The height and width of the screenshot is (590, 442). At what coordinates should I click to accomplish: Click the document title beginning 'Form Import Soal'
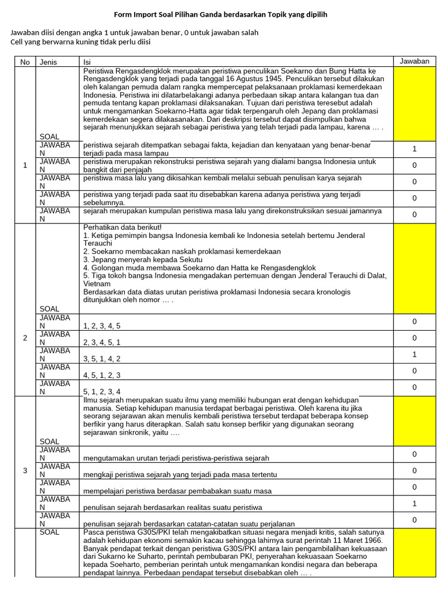point(220,14)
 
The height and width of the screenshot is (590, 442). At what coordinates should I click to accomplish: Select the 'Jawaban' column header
point(414,61)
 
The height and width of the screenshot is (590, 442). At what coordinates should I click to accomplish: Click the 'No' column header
point(25,62)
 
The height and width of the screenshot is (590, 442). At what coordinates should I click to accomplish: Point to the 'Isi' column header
point(87,62)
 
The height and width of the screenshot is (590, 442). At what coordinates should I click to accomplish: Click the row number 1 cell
point(25,165)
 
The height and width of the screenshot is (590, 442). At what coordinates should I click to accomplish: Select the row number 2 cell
point(25,338)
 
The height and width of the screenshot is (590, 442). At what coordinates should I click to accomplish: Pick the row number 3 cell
point(25,471)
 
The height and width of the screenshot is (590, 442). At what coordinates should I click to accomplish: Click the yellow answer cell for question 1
point(414,104)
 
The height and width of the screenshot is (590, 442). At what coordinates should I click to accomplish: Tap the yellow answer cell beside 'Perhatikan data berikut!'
point(414,268)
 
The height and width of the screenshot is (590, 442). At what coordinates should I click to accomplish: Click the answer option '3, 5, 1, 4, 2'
point(102,358)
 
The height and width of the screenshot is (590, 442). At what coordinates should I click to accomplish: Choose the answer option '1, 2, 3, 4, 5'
point(102,326)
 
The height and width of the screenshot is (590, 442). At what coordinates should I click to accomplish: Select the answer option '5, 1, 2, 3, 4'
point(102,391)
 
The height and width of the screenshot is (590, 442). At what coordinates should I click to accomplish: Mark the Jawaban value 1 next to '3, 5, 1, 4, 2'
point(414,354)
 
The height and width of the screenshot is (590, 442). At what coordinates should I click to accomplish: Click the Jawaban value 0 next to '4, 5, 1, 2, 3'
point(414,371)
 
